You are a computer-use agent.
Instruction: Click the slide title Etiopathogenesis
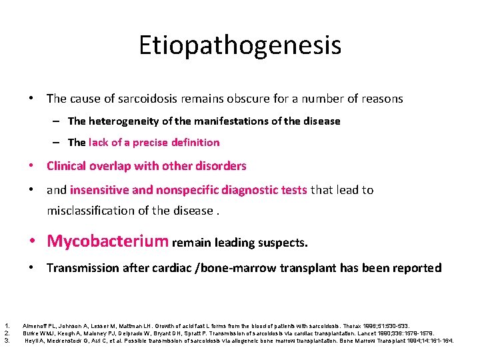240,45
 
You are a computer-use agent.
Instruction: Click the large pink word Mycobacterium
108,241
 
